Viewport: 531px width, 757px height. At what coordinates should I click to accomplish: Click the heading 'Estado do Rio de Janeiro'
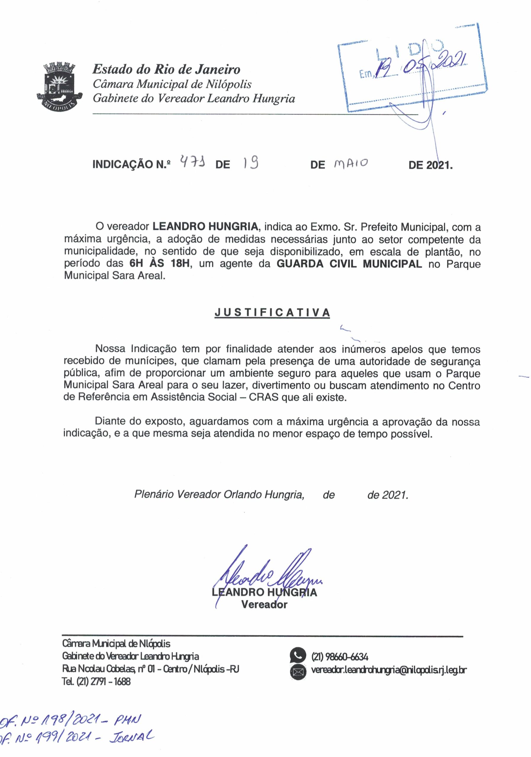[166, 69]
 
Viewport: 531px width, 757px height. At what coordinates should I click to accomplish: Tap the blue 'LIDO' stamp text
[409, 49]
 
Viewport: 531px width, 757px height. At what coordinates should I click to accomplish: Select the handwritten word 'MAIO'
[351, 163]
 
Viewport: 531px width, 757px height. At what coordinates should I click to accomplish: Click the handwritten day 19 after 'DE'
[250, 163]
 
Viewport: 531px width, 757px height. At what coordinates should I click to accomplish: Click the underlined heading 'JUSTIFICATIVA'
[272, 313]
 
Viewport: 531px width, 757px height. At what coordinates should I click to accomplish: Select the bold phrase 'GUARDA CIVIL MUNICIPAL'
[349, 264]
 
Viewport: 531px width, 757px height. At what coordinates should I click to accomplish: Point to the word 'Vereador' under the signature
[264, 604]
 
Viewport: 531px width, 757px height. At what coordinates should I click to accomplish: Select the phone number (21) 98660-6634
[339, 657]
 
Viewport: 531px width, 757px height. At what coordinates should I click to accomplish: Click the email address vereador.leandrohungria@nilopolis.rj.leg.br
[389, 670]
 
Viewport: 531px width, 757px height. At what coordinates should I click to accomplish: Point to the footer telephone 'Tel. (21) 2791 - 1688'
[96, 681]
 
